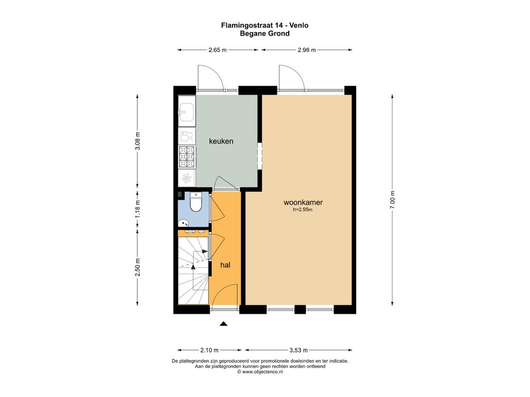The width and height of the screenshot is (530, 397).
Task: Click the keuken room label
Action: [x=221, y=141]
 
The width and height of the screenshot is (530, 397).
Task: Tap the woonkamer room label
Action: [x=303, y=203]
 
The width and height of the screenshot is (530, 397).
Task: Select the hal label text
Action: [x=225, y=265]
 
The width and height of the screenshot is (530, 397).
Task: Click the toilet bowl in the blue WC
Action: [x=196, y=202]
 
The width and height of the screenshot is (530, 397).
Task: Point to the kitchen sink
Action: [x=186, y=112]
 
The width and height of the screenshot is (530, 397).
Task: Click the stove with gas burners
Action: [x=187, y=157]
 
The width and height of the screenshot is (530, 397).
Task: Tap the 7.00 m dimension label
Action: [x=392, y=200]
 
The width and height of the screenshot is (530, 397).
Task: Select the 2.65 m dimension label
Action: [x=217, y=50]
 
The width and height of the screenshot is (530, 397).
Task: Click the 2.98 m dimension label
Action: [x=306, y=50]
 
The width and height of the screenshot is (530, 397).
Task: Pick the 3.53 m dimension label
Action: [x=299, y=350]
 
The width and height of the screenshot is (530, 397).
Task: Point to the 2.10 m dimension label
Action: [x=209, y=350]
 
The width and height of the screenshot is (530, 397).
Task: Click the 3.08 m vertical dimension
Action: [x=138, y=141]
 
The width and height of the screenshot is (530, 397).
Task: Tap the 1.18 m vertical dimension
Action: [x=138, y=209]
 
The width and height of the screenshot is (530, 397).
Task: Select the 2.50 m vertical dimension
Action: [x=138, y=267]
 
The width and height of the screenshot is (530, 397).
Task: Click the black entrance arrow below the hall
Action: [x=224, y=324]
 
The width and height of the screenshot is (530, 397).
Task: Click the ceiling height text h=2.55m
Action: [x=302, y=210]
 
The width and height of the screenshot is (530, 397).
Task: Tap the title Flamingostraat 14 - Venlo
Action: [x=264, y=25]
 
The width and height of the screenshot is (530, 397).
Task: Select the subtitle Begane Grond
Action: [x=264, y=34]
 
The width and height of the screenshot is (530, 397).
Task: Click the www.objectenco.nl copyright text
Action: [x=260, y=372]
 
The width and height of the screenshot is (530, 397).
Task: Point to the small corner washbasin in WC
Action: [x=183, y=223]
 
